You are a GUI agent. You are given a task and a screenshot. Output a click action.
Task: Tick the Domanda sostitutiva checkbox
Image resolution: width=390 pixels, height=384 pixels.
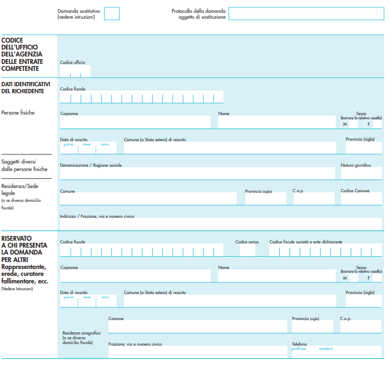(x=112, y=13)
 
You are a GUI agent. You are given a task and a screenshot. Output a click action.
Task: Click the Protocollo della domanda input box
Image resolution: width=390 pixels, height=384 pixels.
(x=306, y=13)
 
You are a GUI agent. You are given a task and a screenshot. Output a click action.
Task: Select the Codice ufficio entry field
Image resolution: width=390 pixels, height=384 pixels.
(x=75, y=71)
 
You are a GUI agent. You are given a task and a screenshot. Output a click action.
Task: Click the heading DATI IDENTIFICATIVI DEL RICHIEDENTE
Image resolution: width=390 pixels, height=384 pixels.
(x=26, y=87)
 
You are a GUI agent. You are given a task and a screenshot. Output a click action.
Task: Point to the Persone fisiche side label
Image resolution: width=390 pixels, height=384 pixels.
(x=18, y=112)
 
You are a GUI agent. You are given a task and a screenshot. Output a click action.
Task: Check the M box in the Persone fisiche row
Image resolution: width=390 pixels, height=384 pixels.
(x=345, y=124)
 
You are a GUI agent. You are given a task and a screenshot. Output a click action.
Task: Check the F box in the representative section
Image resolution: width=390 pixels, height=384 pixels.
(x=368, y=278)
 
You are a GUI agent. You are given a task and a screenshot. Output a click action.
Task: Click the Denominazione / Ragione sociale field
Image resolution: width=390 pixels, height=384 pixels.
(x=197, y=174)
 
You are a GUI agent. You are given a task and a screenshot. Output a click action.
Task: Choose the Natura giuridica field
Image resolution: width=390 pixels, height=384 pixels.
(x=361, y=174)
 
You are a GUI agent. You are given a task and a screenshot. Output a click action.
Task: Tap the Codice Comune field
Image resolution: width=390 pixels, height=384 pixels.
(x=361, y=199)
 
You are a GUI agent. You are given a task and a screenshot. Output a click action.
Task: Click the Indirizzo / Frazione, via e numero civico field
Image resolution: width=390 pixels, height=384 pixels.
(x=221, y=224)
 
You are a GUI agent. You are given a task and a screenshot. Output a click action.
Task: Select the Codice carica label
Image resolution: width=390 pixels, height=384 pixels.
(x=247, y=242)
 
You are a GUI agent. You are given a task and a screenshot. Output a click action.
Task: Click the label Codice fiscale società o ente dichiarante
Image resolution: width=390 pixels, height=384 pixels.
(x=305, y=242)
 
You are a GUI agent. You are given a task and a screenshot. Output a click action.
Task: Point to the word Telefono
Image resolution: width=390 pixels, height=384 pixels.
(x=299, y=344)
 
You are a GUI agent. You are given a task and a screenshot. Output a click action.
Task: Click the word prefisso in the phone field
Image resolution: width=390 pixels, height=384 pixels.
(x=299, y=349)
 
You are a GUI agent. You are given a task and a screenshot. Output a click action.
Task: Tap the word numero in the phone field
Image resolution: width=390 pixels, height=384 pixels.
(x=326, y=349)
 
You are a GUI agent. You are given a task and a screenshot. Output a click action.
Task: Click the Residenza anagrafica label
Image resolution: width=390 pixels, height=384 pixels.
(x=81, y=333)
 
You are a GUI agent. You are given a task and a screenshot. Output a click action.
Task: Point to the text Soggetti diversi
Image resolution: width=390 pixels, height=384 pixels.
(x=19, y=162)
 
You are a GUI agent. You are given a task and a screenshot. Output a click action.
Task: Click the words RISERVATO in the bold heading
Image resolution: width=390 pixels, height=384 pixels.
(x=16, y=238)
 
